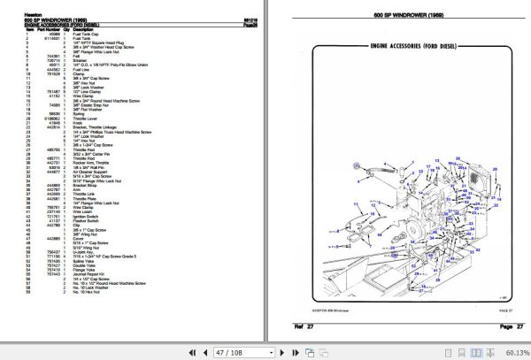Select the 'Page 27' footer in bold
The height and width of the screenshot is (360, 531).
point(501,327)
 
